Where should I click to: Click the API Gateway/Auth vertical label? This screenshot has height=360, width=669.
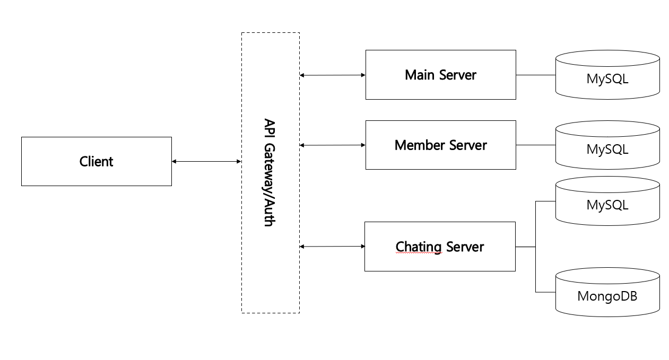click(x=270, y=172)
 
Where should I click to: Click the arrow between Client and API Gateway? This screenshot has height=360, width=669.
click(x=206, y=162)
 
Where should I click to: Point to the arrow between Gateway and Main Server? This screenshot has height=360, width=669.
click(x=333, y=75)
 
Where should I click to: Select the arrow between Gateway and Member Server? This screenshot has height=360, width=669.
click(x=333, y=145)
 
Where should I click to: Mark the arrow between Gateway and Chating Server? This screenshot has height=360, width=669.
click(x=333, y=247)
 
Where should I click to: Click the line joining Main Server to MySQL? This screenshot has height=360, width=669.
click(x=535, y=75)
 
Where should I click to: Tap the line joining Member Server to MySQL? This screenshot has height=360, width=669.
click(x=535, y=145)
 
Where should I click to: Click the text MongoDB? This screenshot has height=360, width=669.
click(x=607, y=296)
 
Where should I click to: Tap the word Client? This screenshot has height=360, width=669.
click(x=96, y=161)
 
